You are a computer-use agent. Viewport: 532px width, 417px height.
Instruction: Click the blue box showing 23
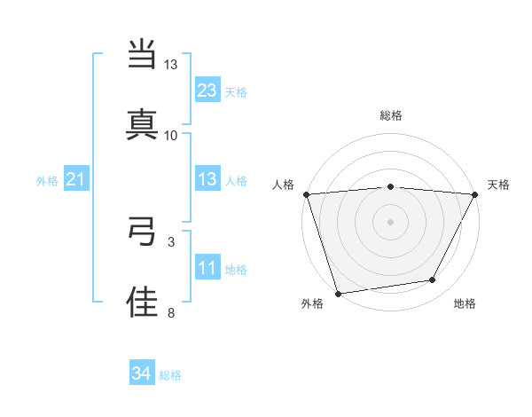pos(207,90)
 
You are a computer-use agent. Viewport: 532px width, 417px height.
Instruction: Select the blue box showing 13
pos(207,179)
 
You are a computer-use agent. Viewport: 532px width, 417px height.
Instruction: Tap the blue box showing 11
pos(207,267)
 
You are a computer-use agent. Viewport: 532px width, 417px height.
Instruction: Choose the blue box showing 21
pos(75,179)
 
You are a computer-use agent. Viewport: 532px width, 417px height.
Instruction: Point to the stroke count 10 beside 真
pos(171,135)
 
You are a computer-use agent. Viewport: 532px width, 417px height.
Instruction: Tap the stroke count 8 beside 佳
pos(171,312)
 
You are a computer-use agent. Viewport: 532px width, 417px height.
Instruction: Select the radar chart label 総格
pos(390,115)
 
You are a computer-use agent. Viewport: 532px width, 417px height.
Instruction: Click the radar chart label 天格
pos(499,185)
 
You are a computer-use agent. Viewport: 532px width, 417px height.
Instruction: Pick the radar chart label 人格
pos(283,185)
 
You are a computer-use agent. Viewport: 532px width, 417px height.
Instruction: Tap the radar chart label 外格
pos(312,304)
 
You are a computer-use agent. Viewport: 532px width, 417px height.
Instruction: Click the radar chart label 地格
pos(465,304)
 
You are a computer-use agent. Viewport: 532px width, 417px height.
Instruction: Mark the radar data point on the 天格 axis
pos(474,194)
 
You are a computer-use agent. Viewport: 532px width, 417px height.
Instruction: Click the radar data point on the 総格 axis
pos(390,186)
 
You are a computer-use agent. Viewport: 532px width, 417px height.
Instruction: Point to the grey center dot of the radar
pos(390,221)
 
